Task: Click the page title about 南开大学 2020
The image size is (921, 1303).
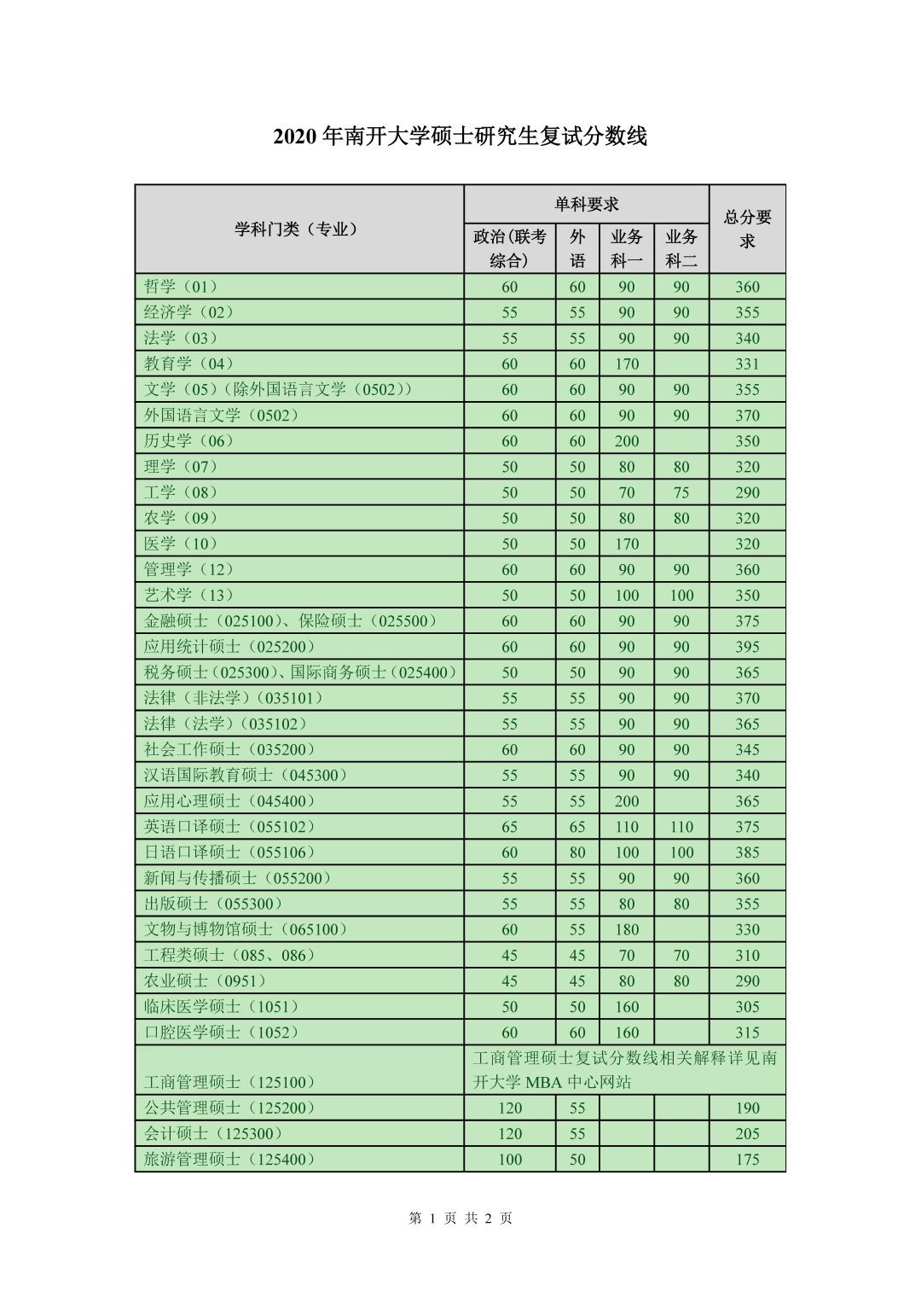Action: [x=460, y=136]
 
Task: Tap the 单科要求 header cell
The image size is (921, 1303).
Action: [x=586, y=205]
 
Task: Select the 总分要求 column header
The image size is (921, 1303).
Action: [x=747, y=229]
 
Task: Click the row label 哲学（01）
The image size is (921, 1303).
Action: [x=181, y=287]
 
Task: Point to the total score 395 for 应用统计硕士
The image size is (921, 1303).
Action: [x=747, y=647]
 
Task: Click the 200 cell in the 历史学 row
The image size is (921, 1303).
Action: [x=627, y=441]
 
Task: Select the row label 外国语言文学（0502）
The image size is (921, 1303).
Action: [x=221, y=416]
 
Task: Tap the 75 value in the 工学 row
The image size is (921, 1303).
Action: [x=681, y=492]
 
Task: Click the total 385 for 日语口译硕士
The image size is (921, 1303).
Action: [x=747, y=852]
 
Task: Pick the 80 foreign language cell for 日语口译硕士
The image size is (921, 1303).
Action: [x=577, y=852]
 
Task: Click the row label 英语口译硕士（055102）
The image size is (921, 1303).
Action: [x=229, y=827]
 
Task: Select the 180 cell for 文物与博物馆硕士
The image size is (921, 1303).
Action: [x=627, y=929]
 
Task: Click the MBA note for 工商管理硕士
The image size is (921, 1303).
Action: [x=624, y=1070]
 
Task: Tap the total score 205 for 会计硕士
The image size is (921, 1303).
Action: [x=747, y=1134]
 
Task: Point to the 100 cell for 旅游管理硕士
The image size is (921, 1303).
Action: [x=510, y=1160]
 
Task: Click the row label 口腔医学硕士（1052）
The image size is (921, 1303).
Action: [x=222, y=1033]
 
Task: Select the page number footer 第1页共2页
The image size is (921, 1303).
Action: [x=460, y=1219]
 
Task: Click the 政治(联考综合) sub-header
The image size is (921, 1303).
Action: [x=510, y=248]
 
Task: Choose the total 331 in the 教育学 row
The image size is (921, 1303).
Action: [x=747, y=364]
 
